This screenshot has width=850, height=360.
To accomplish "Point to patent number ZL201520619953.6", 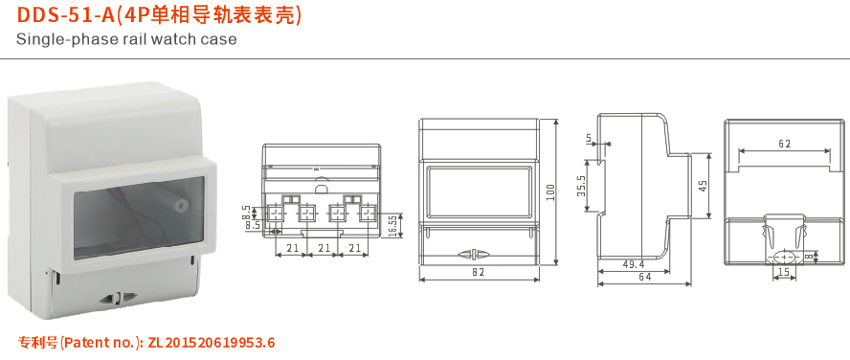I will coord(212,343).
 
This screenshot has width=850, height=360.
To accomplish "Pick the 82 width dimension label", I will coord(479,272).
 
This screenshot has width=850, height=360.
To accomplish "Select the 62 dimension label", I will coord(785,144).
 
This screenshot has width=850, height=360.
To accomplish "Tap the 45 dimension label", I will coord(703,186).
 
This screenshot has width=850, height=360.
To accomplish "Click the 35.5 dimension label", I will coord(581,186).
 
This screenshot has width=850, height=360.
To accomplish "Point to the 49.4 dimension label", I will coord(633,263).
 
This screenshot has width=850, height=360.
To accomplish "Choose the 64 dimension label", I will coord(646,278).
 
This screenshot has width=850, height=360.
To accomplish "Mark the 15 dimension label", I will coord(784,274).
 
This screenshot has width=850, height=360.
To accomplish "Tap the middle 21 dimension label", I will coord(324,249).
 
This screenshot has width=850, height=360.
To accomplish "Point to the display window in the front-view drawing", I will coord(479,189).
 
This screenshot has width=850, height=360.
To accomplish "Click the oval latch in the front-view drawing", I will coord(479,255).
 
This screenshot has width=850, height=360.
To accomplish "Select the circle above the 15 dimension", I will coord(784,256).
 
